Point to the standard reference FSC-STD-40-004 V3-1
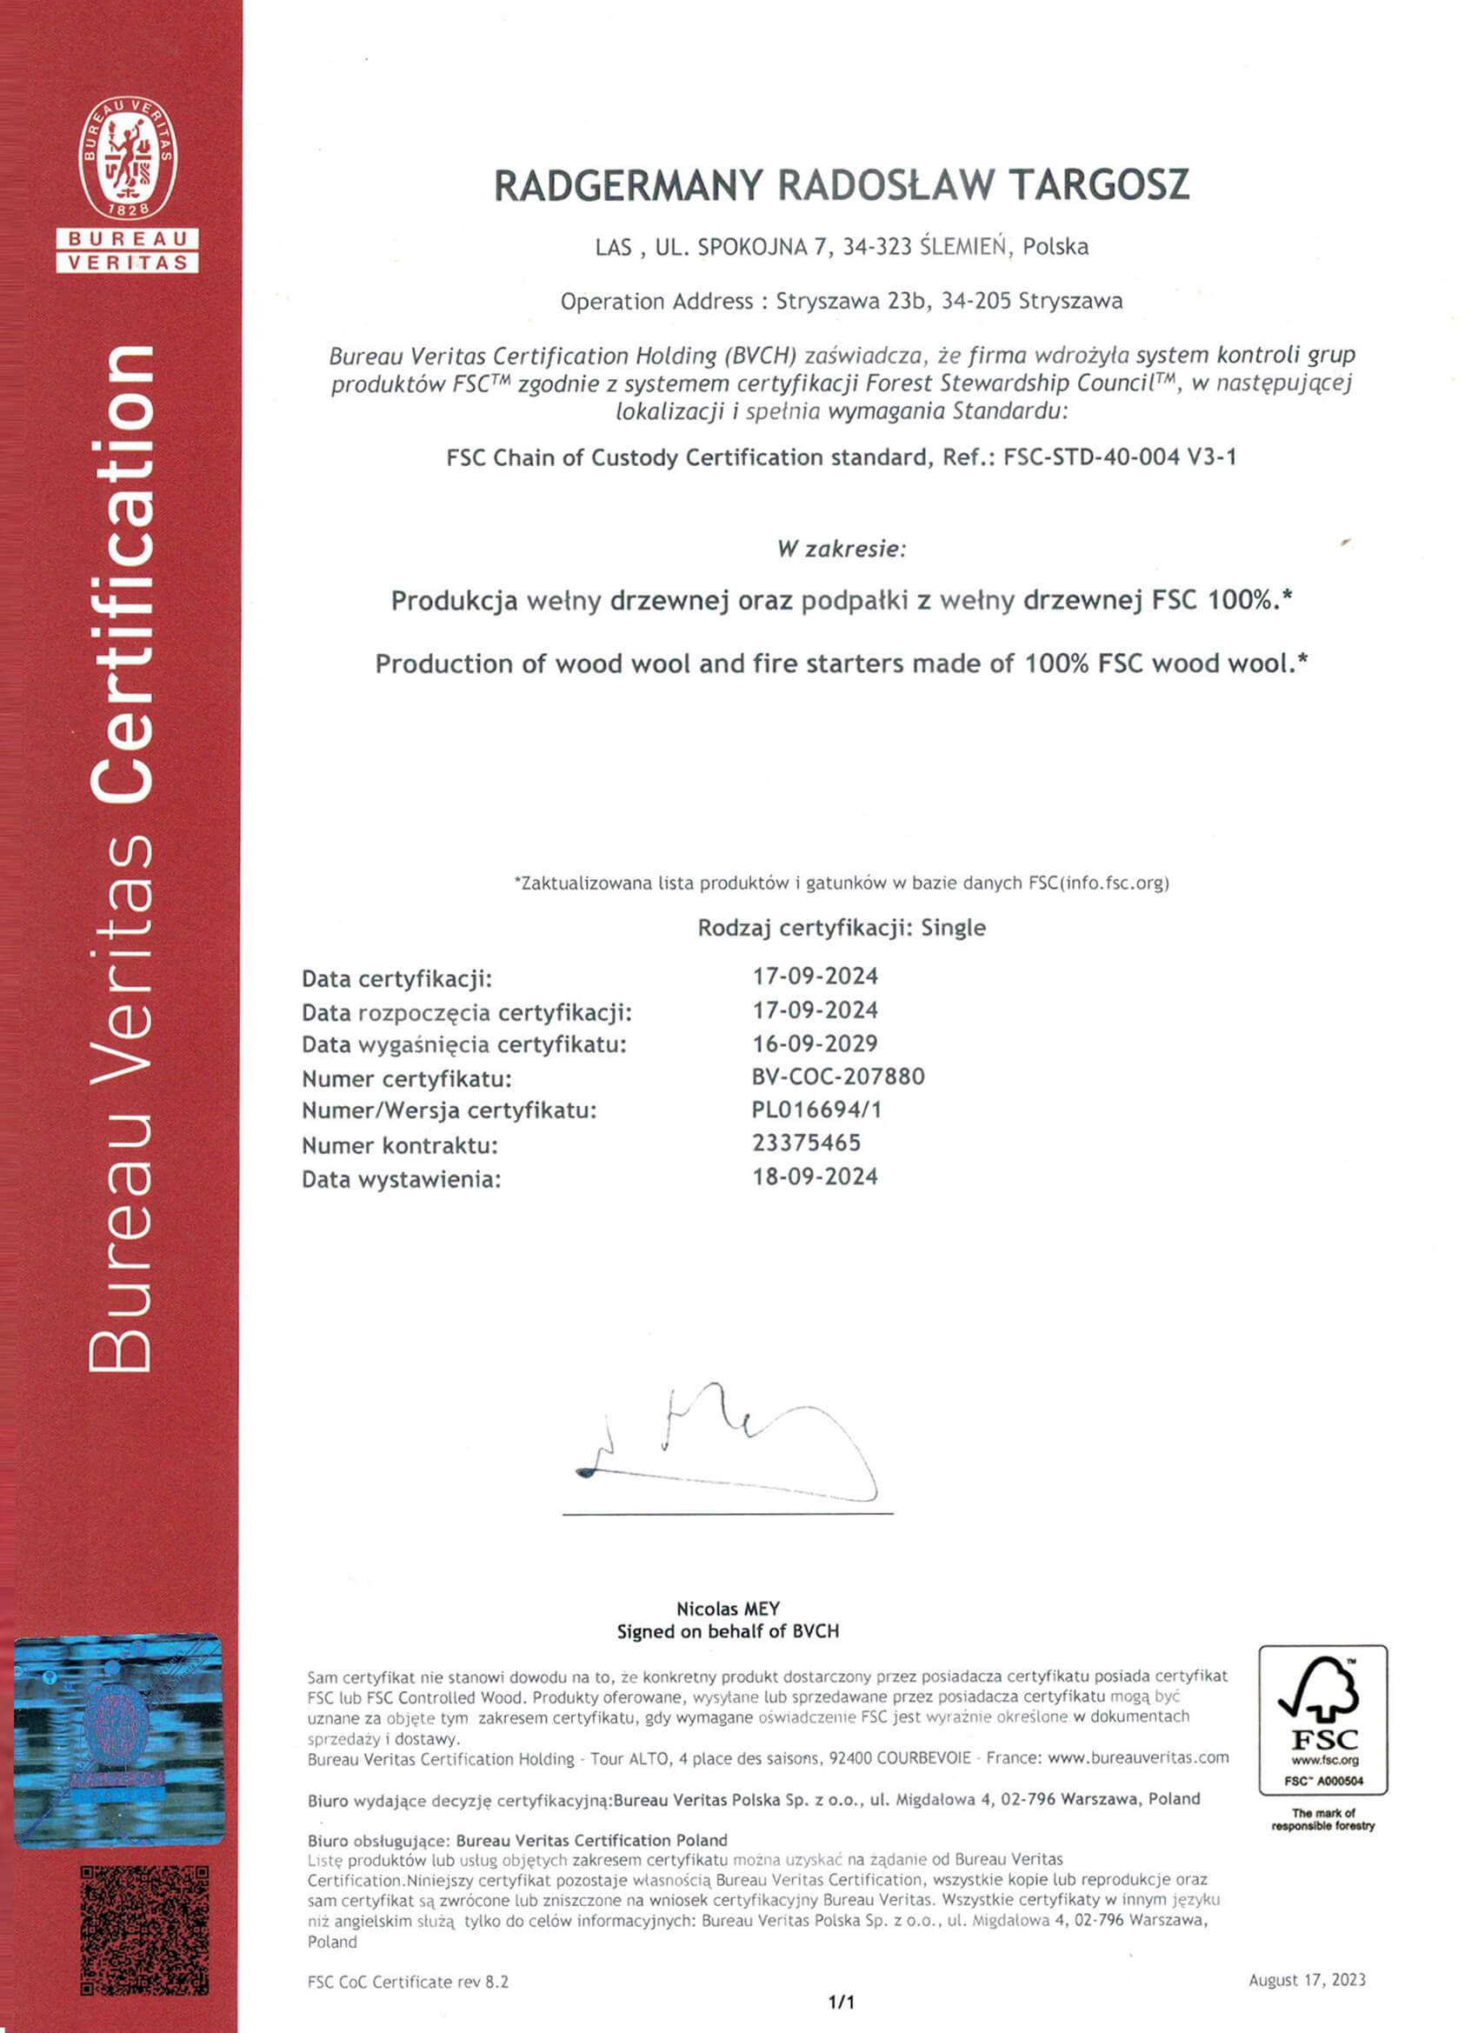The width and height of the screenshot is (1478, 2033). click(1120, 457)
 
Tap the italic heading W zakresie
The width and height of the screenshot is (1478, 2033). click(842, 549)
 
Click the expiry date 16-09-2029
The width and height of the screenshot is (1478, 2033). click(815, 1043)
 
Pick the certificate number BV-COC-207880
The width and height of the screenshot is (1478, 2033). click(838, 1076)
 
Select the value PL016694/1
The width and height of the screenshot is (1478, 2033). click(816, 1110)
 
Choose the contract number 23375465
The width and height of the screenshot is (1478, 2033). click(806, 1143)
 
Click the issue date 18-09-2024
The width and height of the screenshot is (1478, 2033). click(815, 1177)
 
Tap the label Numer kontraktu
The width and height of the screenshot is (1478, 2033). click(400, 1145)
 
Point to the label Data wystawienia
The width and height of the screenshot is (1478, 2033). click(401, 1180)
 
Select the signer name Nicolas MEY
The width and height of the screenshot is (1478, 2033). click(728, 1609)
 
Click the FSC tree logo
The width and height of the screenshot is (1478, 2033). click(1323, 1710)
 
